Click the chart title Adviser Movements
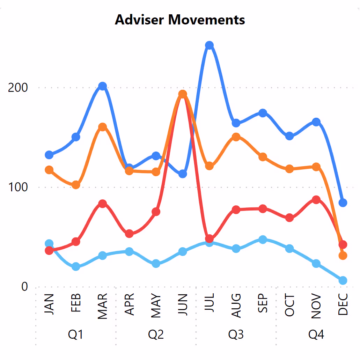(x=180, y=20)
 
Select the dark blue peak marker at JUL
(x=209, y=45)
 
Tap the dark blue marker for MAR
(x=102, y=86)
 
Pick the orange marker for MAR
(x=102, y=127)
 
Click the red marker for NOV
(x=316, y=200)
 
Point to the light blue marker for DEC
(x=343, y=280)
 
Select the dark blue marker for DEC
(x=343, y=203)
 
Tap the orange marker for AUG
(x=236, y=137)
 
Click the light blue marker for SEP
(x=263, y=240)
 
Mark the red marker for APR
(x=129, y=234)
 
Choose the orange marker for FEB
(x=76, y=185)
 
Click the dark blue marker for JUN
(x=183, y=174)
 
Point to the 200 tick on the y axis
(x=18, y=87)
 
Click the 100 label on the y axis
(x=18, y=187)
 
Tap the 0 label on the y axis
(x=24, y=287)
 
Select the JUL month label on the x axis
(x=210, y=305)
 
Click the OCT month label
(x=289, y=305)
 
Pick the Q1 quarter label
(x=75, y=335)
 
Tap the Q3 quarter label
(x=236, y=335)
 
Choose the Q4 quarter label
(x=316, y=335)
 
